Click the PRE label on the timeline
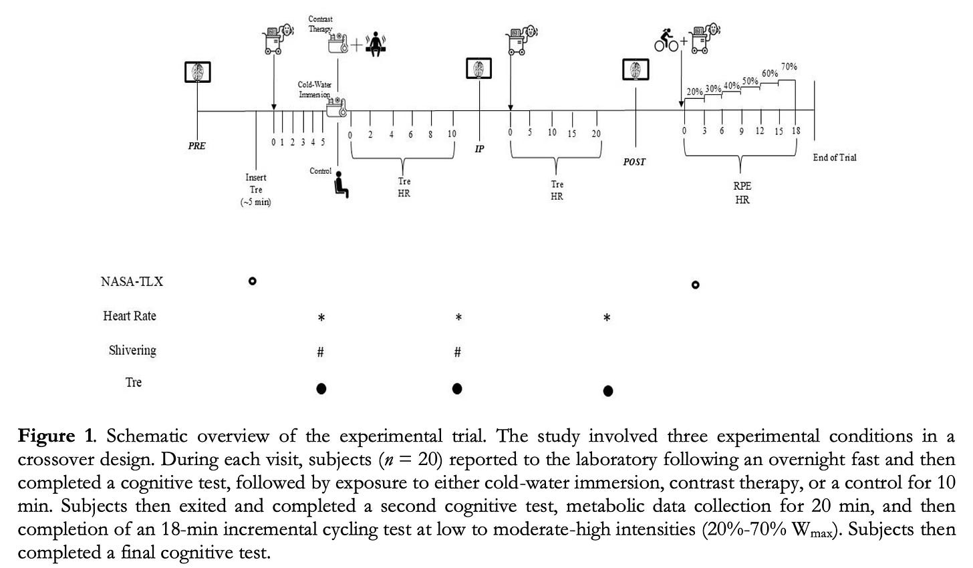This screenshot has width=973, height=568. pos(196,146)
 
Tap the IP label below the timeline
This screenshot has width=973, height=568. pos(479,149)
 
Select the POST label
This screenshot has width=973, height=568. pos(634,162)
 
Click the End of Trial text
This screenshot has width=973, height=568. pos(835,157)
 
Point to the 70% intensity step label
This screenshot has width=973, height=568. pos(789,66)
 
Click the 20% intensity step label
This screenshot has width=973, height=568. pos(694,92)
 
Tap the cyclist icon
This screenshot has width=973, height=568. pos(666,40)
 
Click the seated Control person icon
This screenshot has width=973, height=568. pos(341,184)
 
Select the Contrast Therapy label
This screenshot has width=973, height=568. pos(321,24)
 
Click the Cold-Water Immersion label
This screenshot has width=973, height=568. pos(315,90)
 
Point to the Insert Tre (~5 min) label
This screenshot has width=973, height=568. pos(255,190)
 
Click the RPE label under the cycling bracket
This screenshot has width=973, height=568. pos(742,186)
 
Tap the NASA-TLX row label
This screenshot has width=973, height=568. pos(132,282)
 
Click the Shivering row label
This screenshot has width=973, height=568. pos(132,350)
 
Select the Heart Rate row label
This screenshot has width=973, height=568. pos(130,315)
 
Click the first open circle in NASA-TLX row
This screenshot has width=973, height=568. pos(253,281)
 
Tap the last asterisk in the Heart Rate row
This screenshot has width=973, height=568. pos(607,318)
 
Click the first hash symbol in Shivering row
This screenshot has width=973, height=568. pos(320,351)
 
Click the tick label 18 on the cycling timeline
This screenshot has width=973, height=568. pos(796,130)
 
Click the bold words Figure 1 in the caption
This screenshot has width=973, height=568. pos(55,436)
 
